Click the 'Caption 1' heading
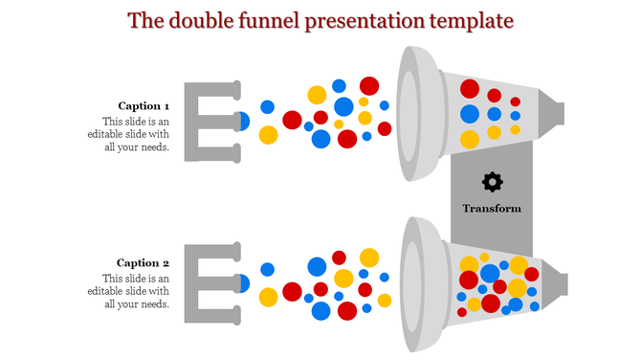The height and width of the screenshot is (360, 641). (144, 105)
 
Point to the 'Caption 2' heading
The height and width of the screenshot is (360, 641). (144, 262)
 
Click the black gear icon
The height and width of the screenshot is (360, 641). (492, 181)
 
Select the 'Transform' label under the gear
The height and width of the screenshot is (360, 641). (492, 208)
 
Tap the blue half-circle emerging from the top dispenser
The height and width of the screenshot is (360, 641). (243, 122)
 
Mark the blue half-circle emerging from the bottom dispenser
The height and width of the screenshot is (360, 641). (243, 283)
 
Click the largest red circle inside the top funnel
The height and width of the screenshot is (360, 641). (470, 90)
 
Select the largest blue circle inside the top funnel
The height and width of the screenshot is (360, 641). (470, 115)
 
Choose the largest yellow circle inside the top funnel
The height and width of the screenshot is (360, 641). (470, 139)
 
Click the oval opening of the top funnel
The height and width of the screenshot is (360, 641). (409, 113)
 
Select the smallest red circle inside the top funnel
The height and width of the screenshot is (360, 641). (516, 101)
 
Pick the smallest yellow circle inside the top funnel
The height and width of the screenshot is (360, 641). (516, 129)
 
